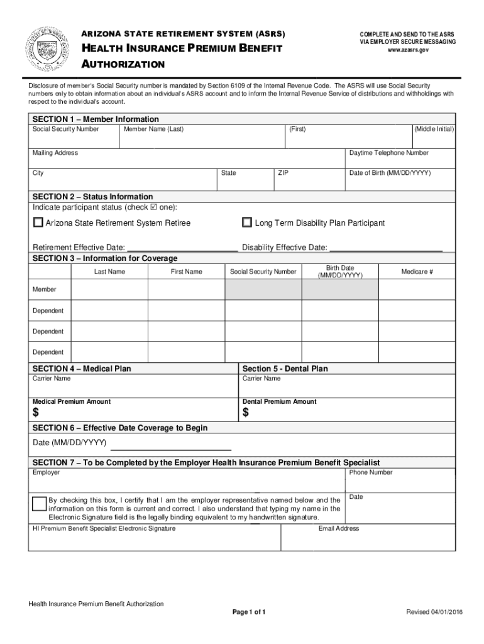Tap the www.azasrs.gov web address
407,50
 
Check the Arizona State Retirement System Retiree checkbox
38,223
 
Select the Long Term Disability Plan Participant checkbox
247,223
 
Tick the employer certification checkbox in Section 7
39,503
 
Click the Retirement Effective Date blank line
182,249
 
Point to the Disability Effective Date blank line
386,249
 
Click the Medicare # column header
417,272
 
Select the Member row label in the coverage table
45,289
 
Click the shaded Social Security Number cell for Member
263,289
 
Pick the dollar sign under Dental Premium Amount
246,413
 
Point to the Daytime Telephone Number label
389,153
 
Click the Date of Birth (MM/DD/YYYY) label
390,173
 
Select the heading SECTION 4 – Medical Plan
82,369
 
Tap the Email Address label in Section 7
339,528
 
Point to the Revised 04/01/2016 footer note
434,612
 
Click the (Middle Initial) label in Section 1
434,129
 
